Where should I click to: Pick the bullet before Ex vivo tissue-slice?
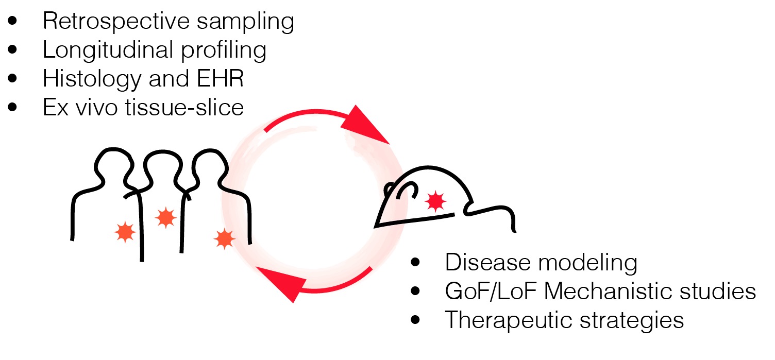(13, 108)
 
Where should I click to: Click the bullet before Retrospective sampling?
(13, 22)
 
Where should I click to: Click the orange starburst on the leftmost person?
(125, 232)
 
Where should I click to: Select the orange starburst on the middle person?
(165, 218)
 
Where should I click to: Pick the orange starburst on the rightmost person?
(224, 238)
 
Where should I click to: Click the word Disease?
(480, 263)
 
